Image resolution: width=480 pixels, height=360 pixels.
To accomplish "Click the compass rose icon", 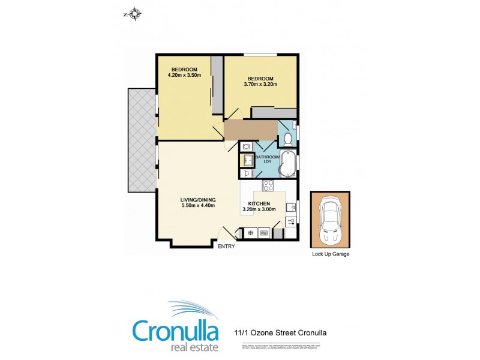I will pos(133,12).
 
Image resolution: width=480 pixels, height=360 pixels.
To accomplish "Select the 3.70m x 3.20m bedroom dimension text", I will pos(260,85).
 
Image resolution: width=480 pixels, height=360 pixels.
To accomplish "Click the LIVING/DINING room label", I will pos(198,200).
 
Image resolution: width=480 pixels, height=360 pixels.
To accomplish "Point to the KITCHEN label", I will pos(259,203).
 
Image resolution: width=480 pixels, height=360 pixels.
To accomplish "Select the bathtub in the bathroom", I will pos(289,163).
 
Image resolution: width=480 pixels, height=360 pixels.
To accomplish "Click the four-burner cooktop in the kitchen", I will pos(268,185).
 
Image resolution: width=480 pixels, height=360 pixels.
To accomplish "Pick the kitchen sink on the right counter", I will pos(290,208).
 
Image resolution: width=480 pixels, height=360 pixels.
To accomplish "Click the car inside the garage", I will pos(331,220).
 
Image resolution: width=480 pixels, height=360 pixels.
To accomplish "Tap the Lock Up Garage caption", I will pos(331,254).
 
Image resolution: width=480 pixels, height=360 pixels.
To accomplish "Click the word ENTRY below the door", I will pos(226,246).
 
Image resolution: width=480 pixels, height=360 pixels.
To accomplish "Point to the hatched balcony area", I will pos(142,139).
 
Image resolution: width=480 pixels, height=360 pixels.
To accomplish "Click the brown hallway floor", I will pos(250,130).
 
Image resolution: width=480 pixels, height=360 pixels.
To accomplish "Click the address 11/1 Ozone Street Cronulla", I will pos(280,332).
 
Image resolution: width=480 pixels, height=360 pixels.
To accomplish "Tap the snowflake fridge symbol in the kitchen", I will pos(250,233).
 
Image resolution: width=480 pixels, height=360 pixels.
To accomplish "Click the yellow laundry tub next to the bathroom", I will pos(246,160).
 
